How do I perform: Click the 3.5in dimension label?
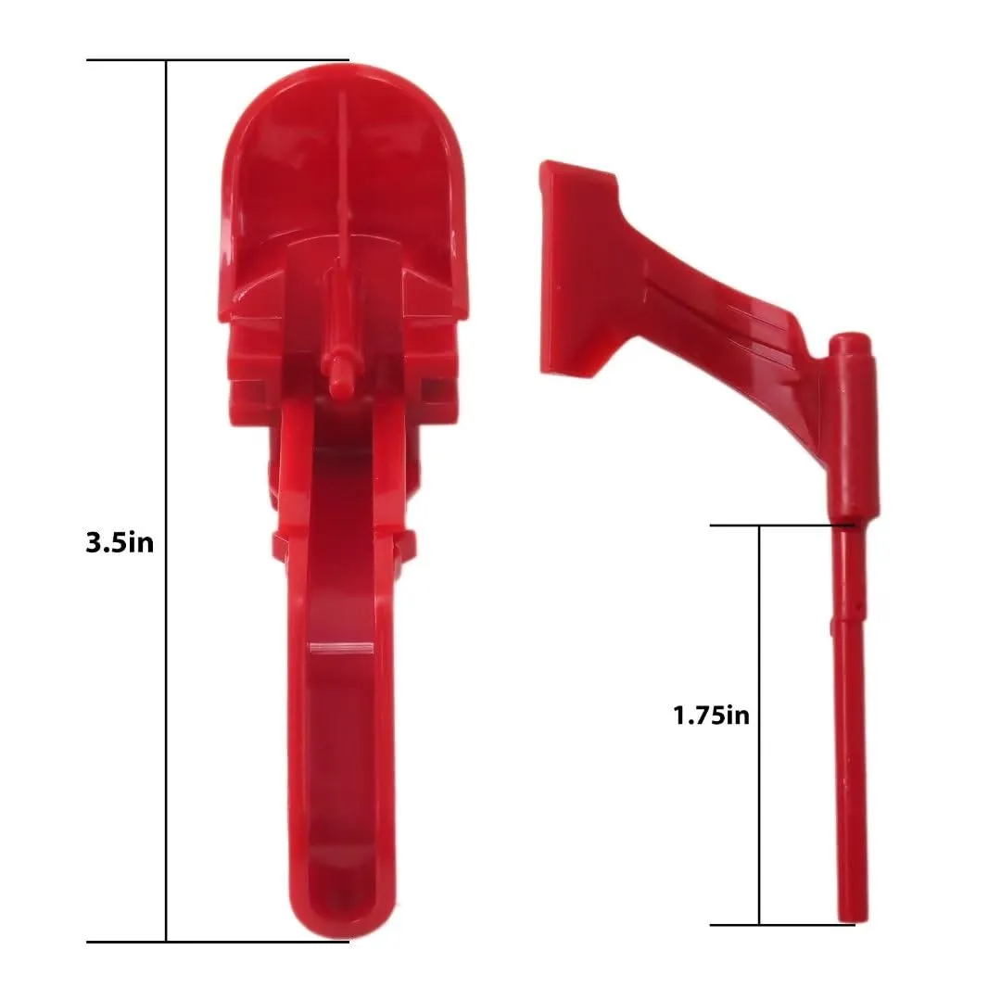pyautogui.click(x=120, y=542)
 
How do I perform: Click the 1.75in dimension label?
pyautogui.click(x=711, y=715)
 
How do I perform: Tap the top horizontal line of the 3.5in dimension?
pyautogui.click(x=218, y=60)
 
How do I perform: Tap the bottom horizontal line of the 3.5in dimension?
pyautogui.click(x=218, y=942)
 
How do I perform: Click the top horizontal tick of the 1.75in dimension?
pyautogui.click(x=779, y=526)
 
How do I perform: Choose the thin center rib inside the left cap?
pyautogui.click(x=342, y=176)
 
